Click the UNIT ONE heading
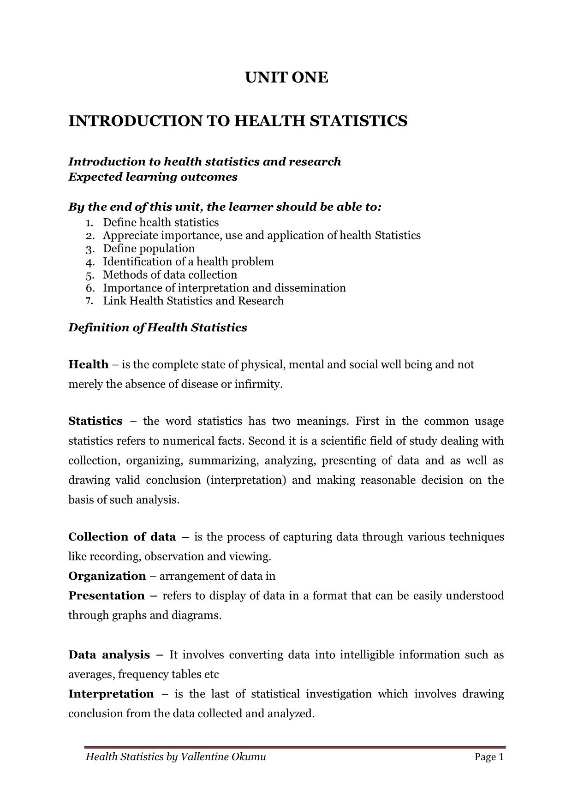tap(286, 77)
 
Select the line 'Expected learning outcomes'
tap(153, 177)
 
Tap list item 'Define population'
tap(149, 249)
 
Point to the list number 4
tap(89, 262)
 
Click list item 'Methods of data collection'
tap(170, 275)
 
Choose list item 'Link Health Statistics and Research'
tap(193, 301)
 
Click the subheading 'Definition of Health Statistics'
tap(157, 328)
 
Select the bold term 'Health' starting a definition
tap(88, 365)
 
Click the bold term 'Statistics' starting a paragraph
tap(95, 421)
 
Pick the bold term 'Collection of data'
tap(122, 537)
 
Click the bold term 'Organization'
tap(107, 576)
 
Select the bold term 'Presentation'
tap(107, 596)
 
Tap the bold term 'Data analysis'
tap(109, 655)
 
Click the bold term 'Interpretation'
tap(111, 694)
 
